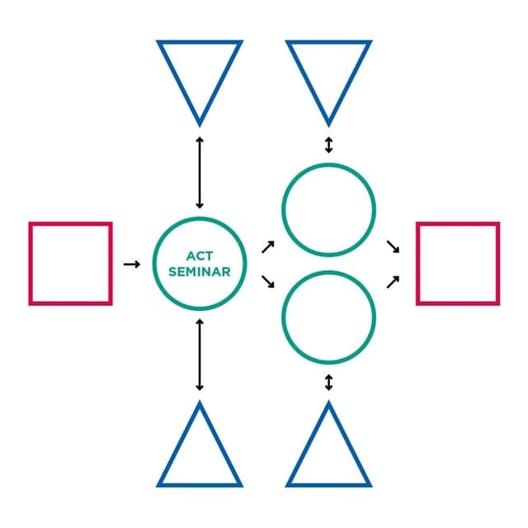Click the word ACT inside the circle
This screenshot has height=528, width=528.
[200, 257]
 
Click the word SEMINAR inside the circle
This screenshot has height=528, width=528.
[200, 271]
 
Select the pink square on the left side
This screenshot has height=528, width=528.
[30, 264]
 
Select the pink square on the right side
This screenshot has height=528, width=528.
[417, 264]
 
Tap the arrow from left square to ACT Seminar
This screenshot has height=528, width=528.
[132, 264]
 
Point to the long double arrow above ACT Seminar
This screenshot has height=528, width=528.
[200, 172]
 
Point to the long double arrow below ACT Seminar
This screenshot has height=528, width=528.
[200, 355]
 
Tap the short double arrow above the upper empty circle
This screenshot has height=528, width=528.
[329, 145]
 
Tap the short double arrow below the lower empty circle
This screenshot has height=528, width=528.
[329, 383]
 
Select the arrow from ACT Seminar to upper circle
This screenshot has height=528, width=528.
[268, 247]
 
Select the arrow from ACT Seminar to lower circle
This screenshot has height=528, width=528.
[268, 281]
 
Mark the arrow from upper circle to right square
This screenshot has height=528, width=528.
[393, 247]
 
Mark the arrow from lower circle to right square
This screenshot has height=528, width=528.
[393, 282]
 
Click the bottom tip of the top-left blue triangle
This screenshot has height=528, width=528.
[200, 127]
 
